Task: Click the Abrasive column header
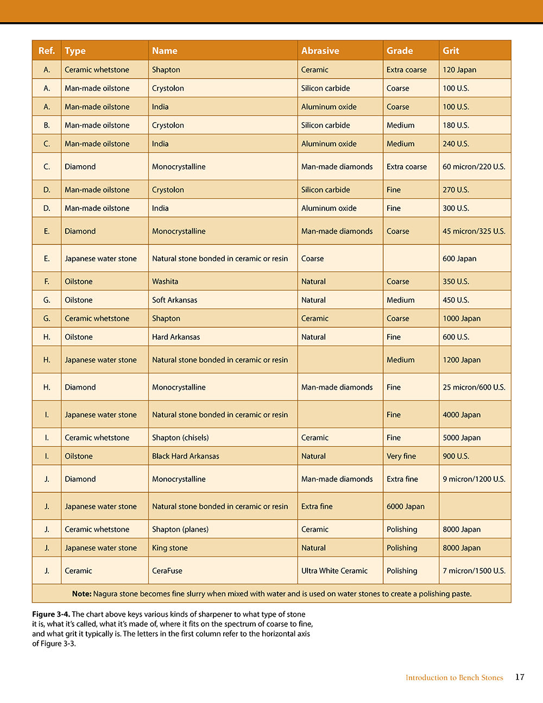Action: coord(320,51)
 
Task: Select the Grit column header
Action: coord(451,51)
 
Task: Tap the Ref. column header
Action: coord(47,51)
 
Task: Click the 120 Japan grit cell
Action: coord(459,70)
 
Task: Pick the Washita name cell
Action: coord(165,281)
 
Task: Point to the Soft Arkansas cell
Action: coord(174,300)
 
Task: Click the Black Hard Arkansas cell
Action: coord(186,456)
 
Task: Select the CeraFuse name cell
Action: coord(167,571)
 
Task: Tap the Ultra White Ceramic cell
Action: coord(334,571)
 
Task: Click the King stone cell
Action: coord(170,548)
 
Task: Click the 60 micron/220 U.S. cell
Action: coord(473,167)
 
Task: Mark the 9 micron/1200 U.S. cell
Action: coord(473,479)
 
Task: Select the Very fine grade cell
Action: coord(401,456)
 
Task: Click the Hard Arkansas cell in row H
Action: coord(176,337)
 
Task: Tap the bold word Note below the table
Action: coord(81,594)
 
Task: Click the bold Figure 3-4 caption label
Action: coord(50,614)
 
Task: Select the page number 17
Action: coord(520,677)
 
